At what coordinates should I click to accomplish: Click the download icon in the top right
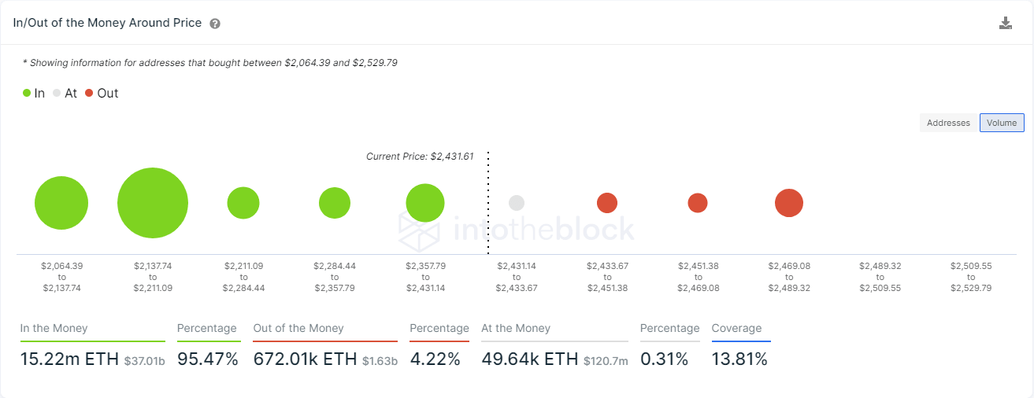tap(1005, 23)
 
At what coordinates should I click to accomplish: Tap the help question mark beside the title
tap(215, 24)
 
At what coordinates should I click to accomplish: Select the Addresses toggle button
tap(948, 123)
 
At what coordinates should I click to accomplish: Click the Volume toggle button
tap(1002, 123)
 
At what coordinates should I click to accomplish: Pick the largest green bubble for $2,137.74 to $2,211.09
tap(153, 203)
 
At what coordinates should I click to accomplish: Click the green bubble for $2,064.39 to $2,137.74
tap(61, 203)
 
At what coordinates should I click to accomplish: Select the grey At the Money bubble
tap(517, 203)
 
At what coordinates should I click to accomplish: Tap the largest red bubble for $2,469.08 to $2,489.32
tap(789, 203)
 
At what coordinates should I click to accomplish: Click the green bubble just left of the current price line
tap(425, 203)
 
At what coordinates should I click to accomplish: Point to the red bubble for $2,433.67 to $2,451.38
tap(607, 203)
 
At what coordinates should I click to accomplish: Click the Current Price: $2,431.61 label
tap(420, 157)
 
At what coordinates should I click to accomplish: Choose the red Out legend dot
tap(89, 93)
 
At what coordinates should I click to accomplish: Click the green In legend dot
tap(27, 93)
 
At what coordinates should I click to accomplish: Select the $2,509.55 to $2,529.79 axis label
tap(971, 277)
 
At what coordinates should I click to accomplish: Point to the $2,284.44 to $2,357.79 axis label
tap(335, 277)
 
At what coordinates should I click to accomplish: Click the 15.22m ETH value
tap(69, 359)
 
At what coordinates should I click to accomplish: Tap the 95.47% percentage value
tap(208, 359)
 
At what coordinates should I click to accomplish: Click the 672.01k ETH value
tap(306, 359)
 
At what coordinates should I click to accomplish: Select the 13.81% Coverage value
tap(739, 359)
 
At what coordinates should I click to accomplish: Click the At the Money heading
tap(516, 328)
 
